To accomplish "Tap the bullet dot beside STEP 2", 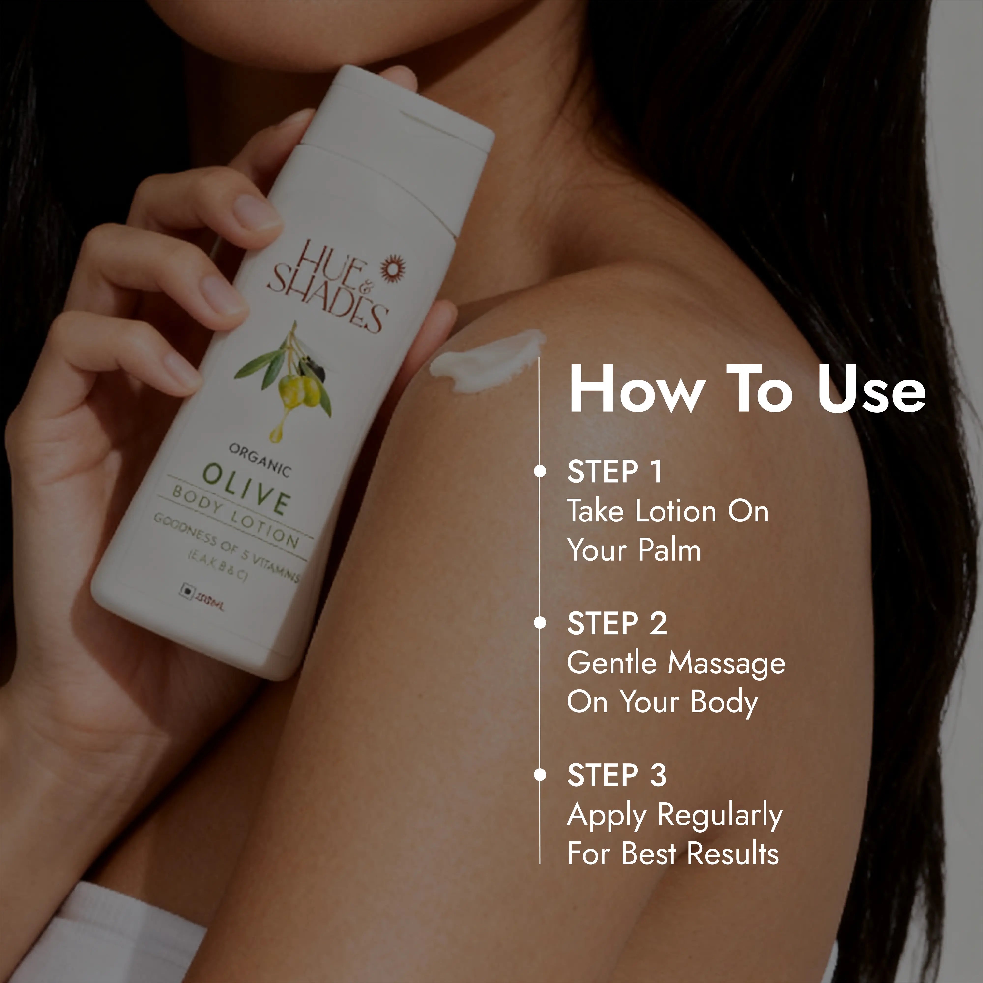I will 540,623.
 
